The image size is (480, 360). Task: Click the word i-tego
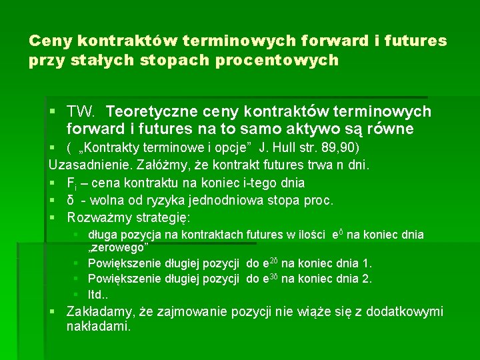pos(256,182)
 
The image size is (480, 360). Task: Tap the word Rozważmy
pos(99,217)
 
